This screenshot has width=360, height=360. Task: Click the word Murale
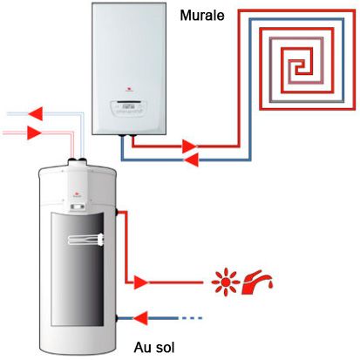[202, 15]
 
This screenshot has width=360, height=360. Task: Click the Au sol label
[154, 347]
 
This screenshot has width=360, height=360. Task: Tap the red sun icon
[225, 282]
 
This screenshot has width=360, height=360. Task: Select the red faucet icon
[257, 282]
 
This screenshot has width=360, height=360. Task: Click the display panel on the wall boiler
[129, 108]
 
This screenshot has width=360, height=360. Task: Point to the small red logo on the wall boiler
[129, 89]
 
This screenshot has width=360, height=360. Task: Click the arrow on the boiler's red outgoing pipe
[190, 146]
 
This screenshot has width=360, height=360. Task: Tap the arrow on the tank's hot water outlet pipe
[141, 282]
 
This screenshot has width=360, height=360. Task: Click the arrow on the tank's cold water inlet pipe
[140, 318]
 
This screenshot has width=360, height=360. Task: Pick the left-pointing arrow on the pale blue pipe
[36, 113]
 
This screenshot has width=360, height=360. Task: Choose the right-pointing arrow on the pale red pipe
[34, 132]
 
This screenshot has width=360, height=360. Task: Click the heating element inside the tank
[86, 240]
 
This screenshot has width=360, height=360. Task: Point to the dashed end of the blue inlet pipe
[192, 318]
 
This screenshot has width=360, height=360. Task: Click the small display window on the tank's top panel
[78, 207]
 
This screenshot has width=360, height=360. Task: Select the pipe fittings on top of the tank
[77, 160]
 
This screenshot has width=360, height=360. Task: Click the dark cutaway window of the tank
[78, 269]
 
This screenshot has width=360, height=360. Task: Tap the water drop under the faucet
[270, 286]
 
